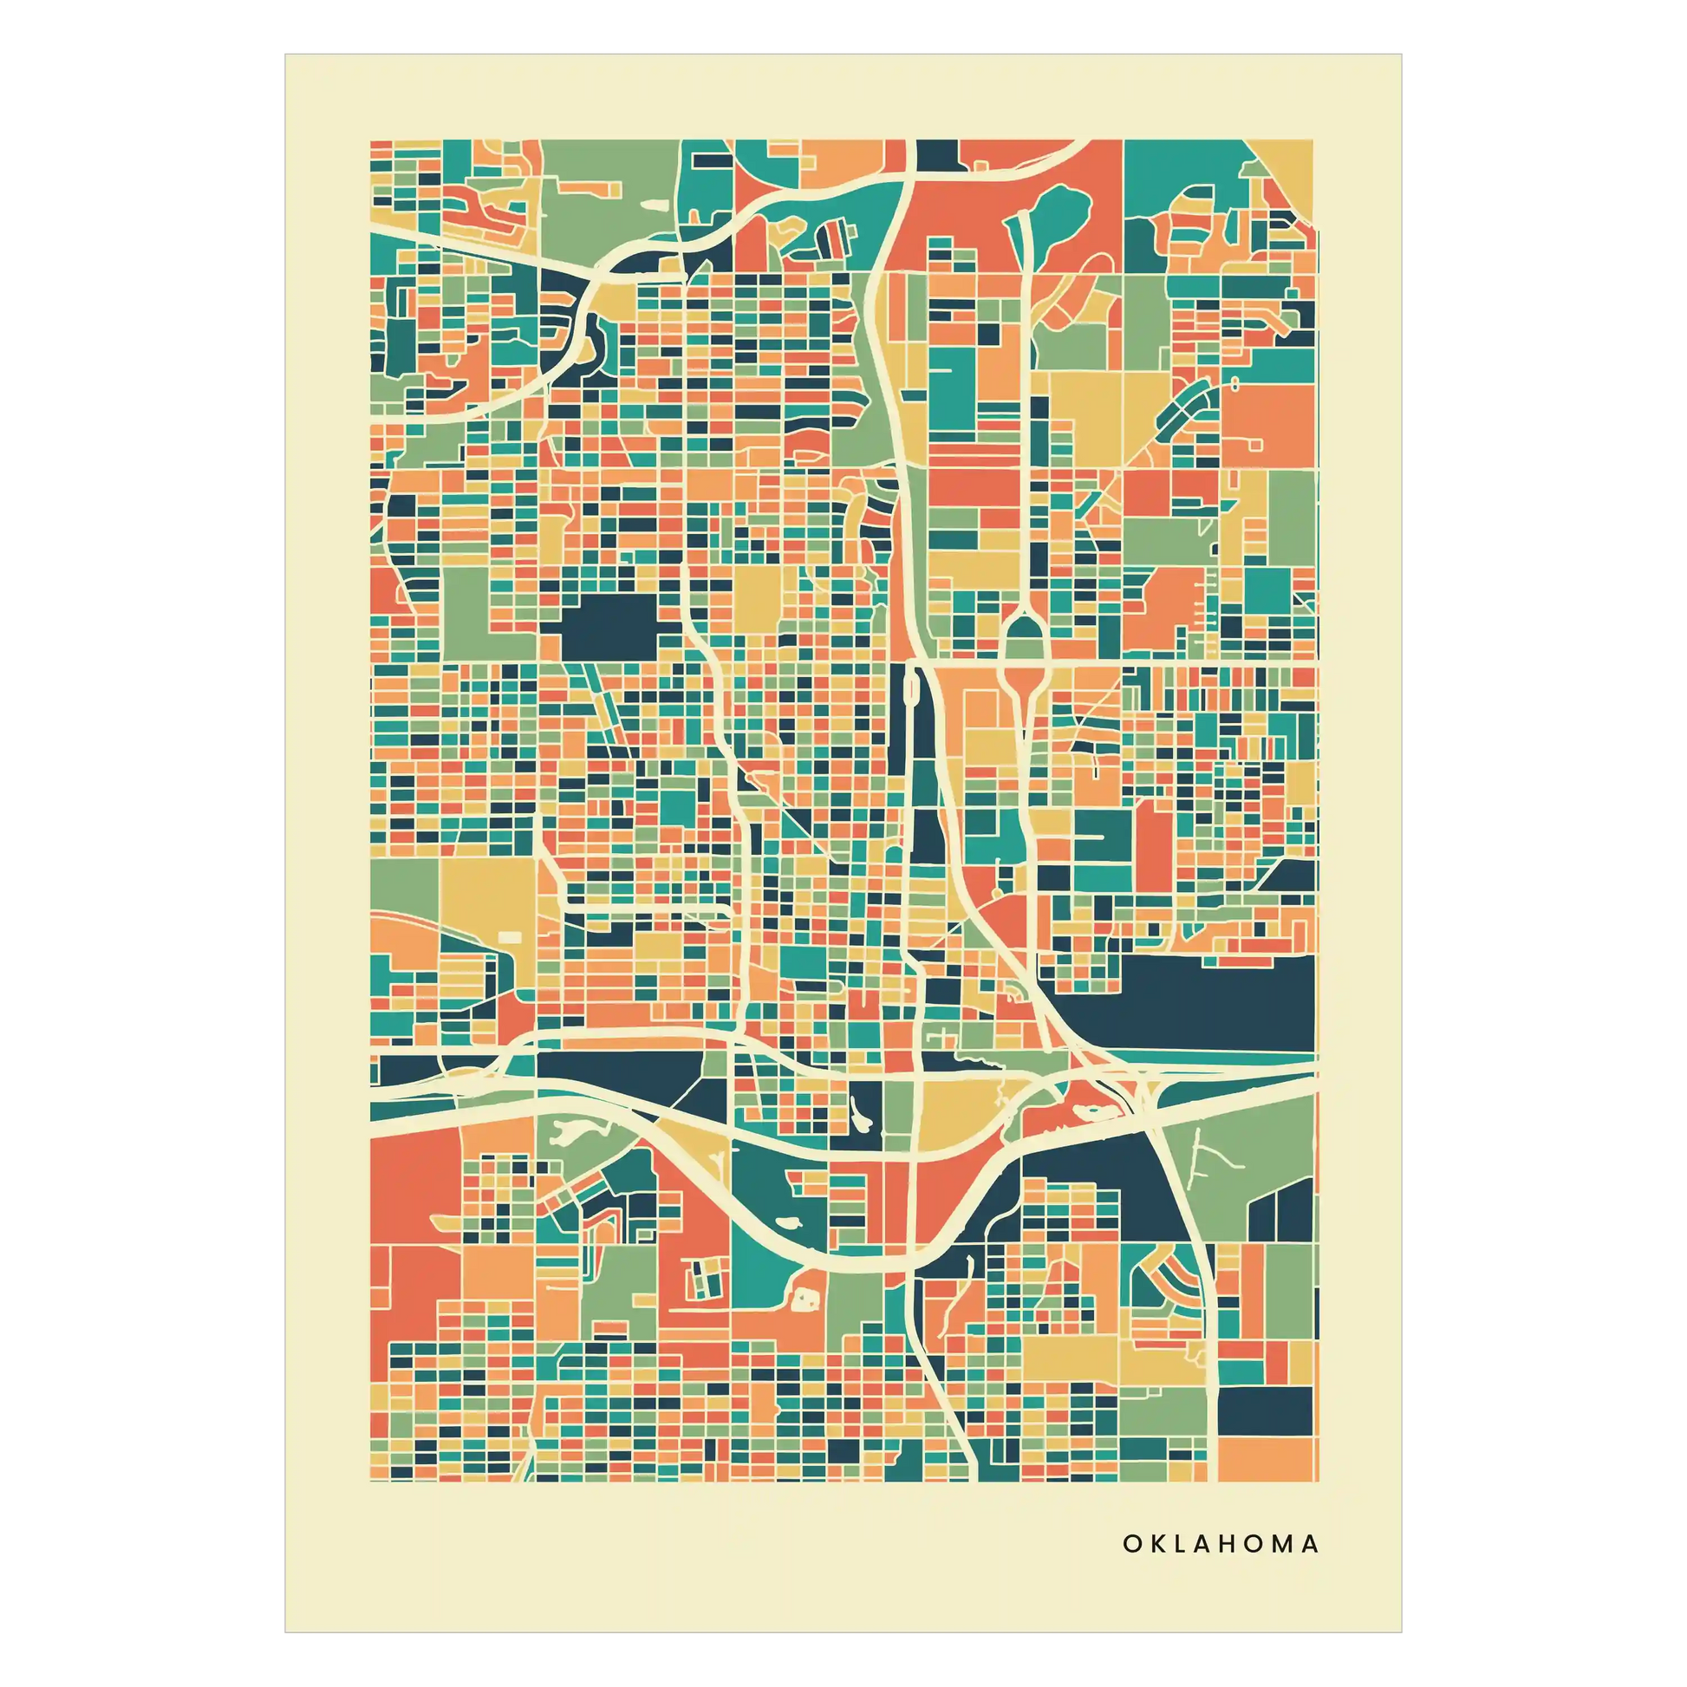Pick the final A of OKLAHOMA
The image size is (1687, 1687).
click(x=1310, y=1544)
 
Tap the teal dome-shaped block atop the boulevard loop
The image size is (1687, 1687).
click(x=1019, y=635)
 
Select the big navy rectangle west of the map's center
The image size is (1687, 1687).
click(x=609, y=627)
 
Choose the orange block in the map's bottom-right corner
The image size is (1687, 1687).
click(x=1266, y=1458)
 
